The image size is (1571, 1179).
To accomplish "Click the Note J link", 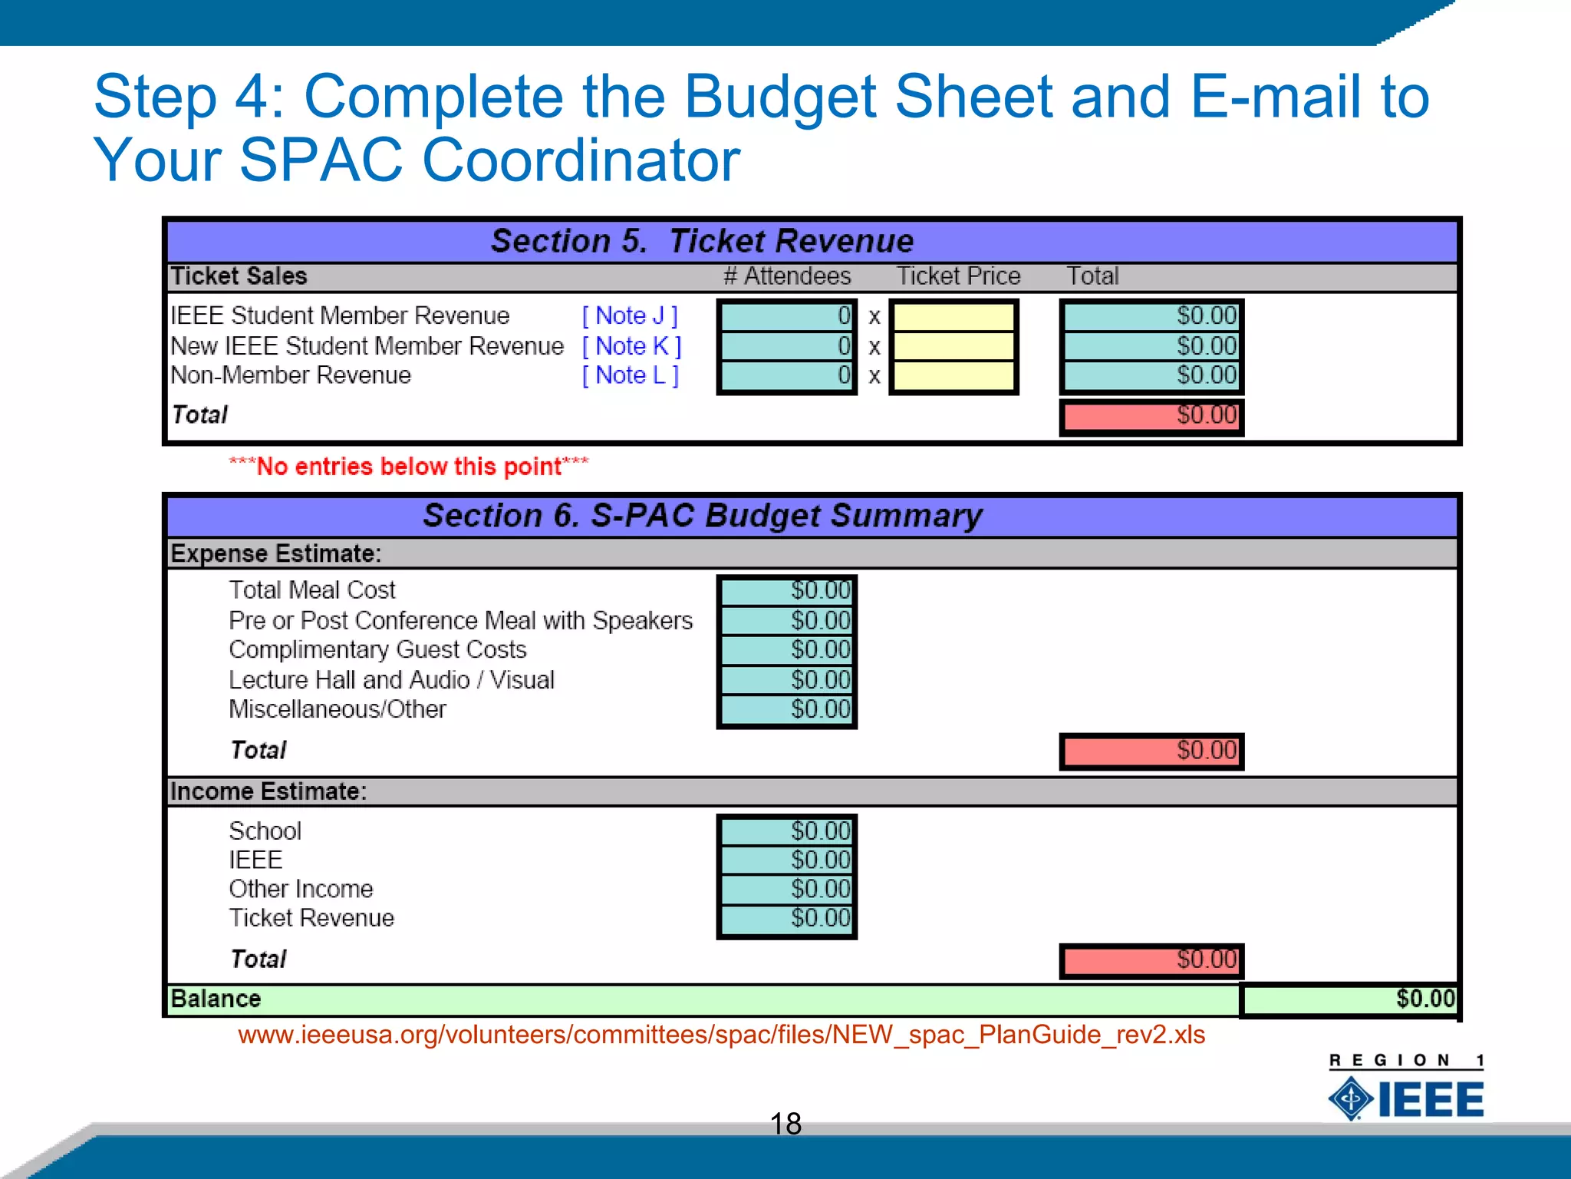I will tap(630, 315).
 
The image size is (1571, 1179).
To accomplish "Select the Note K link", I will tap(631, 346).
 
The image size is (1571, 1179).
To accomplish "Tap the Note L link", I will tap(630, 375).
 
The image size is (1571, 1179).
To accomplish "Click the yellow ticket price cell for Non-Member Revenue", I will tap(953, 376).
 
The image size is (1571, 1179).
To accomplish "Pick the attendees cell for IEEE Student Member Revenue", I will tap(786, 315).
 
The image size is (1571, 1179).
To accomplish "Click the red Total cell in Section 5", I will tap(1151, 416).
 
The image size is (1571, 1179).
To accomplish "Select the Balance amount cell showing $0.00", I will tap(1349, 999).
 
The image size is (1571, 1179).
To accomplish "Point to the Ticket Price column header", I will tap(958, 276).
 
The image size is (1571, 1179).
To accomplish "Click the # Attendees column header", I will tap(787, 276).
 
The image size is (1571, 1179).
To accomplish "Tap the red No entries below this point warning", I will tap(409, 467).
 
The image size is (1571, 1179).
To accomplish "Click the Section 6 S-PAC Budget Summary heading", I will tap(702, 516).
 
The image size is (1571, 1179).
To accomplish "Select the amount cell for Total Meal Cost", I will tap(786, 590).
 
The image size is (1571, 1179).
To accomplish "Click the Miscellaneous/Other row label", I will tap(338, 709).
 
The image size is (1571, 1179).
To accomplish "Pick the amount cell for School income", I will tap(786, 831).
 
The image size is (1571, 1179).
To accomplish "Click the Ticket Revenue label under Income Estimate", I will tap(311, 918).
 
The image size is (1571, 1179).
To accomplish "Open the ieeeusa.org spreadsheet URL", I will tap(721, 1035).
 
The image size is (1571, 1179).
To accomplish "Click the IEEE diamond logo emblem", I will tap(1351, 1098).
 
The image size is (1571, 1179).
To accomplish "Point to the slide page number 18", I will tap(785, 1124).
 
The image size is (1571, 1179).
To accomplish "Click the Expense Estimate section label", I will tap(275, 553).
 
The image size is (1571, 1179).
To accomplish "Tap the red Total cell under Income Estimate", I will tap(1151, 960).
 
